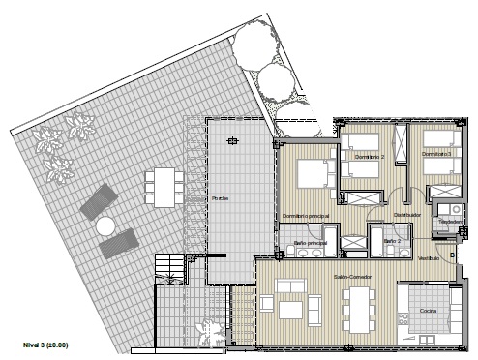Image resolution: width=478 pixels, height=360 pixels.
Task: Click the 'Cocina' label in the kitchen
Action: pos(428,311)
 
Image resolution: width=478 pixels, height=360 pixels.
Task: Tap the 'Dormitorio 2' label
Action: pos(370,156)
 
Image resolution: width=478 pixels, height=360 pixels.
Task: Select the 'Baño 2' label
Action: pos(392,239)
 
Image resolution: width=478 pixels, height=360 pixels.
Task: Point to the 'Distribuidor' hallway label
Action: pos(406,215)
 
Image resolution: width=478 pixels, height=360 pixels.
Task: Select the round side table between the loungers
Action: pos(105,225)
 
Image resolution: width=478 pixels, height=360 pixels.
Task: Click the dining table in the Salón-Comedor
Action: pos(359,308)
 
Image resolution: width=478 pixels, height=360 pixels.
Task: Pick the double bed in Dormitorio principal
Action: pos(312,173)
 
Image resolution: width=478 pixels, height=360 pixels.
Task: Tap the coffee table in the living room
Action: pos(289,310)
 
